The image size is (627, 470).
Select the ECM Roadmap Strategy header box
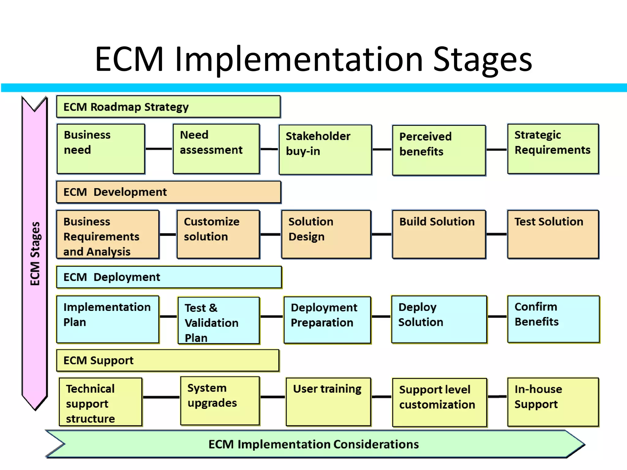(x=168, y=107)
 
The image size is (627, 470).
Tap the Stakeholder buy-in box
(x=325, y=150)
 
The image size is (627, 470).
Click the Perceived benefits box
(x=439, y=150)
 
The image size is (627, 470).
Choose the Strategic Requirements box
(x=553, y=149)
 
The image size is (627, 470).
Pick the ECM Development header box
(x=168, y=192)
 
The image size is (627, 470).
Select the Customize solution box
(x=218, y=234)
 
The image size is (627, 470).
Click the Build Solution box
(x=439, y=234)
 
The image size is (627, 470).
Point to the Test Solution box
(x=553, y=234)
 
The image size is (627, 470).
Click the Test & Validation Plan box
(x=219, y=321)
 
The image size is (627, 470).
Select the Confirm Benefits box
(x=553, y=319)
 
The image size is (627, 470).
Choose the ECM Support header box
(x=168, y=360)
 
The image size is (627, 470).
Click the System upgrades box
(x=220, y=401)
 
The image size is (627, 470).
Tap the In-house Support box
(x=553, y=402)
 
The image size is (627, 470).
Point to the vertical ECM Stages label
(x=35, y=253)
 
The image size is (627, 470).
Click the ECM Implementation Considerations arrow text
(x=313, y=444)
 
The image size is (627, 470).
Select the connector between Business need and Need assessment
(x=159, y=149)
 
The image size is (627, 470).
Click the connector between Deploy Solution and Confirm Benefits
(x=497, y=316)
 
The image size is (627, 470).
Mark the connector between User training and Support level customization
(x=381, y=397)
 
